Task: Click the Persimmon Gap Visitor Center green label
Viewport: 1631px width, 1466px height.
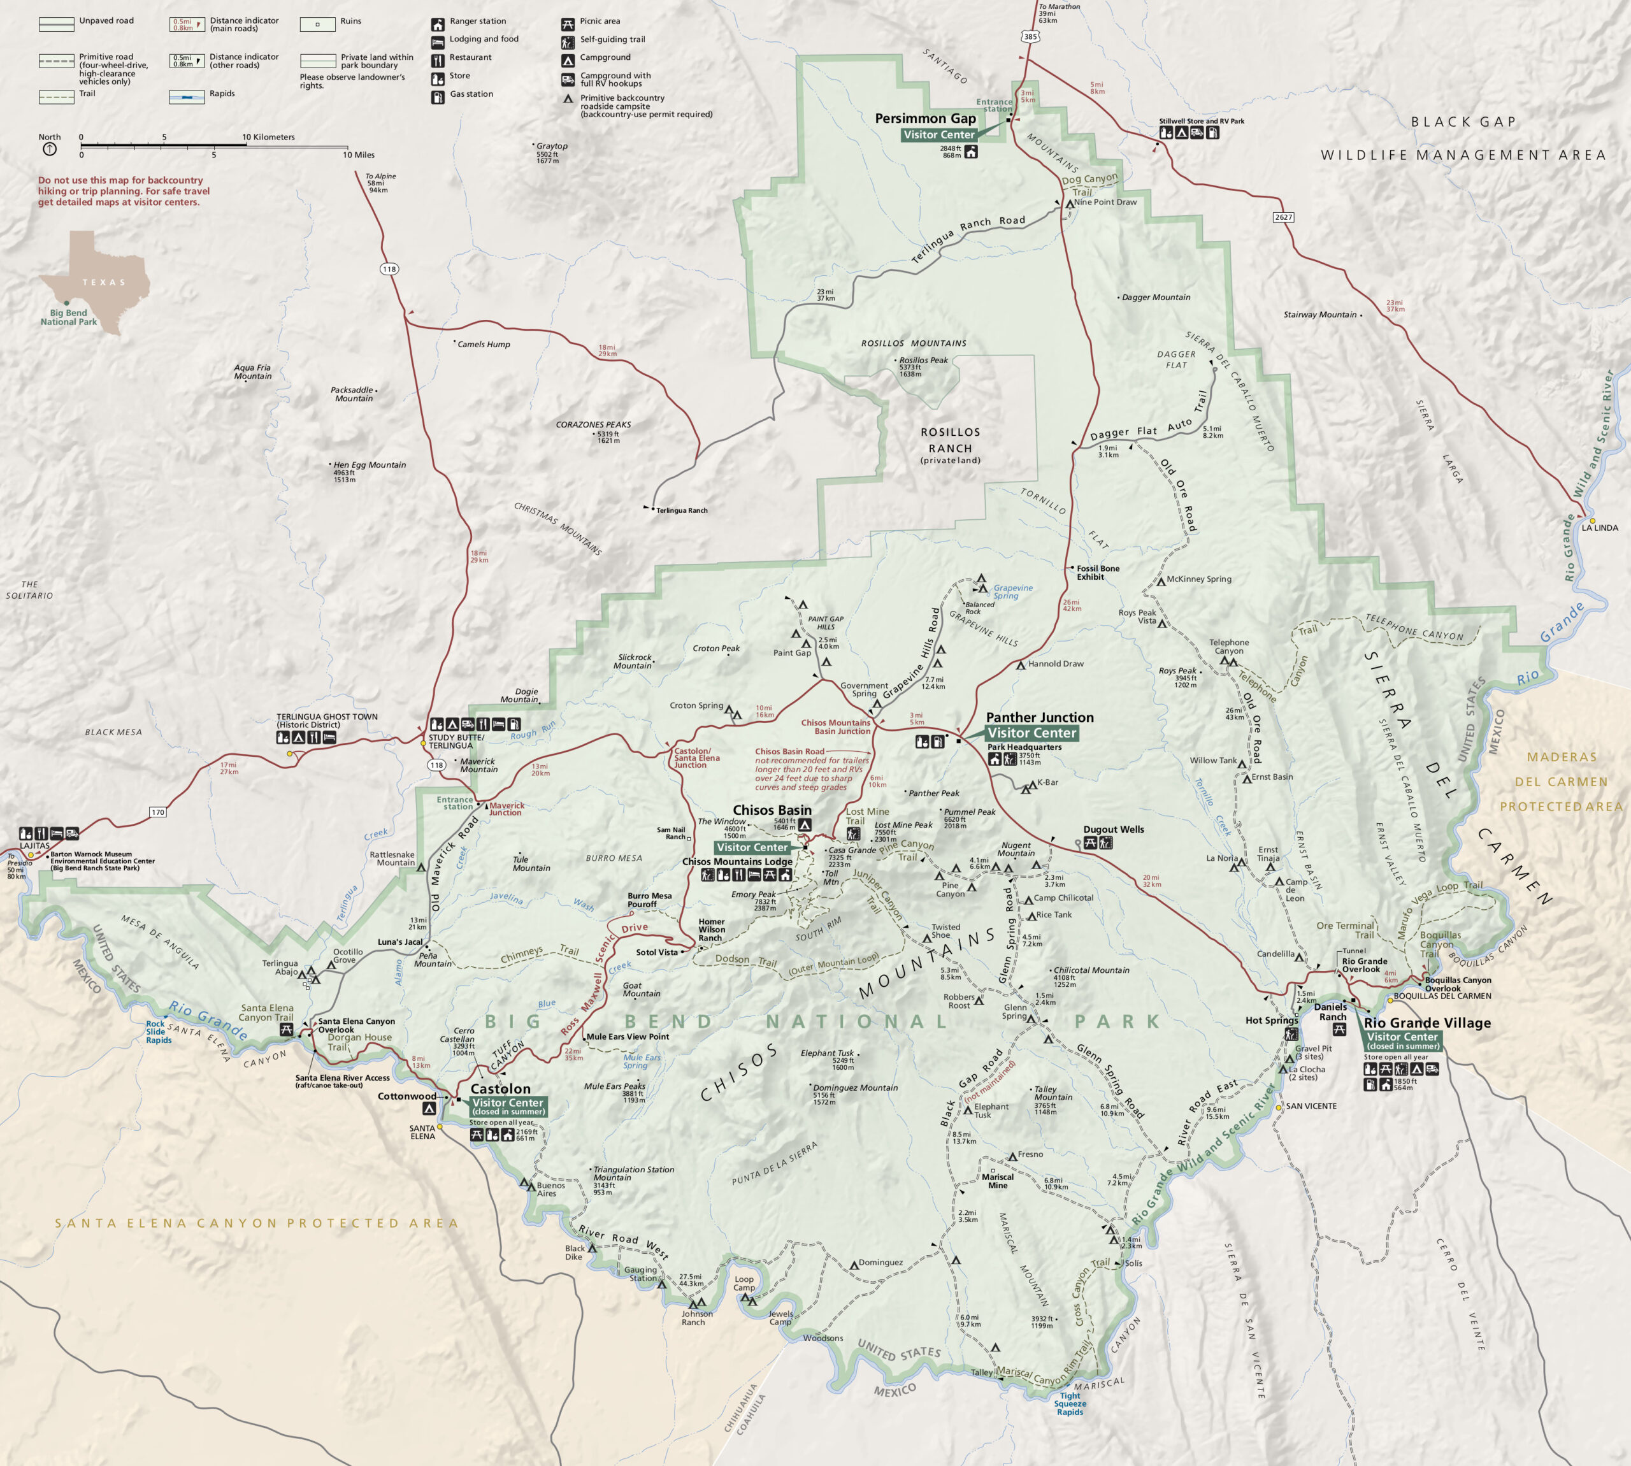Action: coord(938,134)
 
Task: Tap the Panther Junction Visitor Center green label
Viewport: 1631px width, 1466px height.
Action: coord(1031,733)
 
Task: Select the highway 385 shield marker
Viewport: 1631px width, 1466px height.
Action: coord(1031,36)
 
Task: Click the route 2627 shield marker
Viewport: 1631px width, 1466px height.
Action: coord(1283,217)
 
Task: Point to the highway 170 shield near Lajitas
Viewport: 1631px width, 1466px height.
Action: coord(158,812)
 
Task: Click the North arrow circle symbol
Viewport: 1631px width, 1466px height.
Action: coord(49,149)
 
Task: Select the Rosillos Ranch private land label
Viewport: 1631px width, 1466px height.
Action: coord(951,445)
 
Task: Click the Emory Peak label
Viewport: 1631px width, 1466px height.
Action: coord(753,894)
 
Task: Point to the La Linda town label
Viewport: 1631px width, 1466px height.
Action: coord(1600,528)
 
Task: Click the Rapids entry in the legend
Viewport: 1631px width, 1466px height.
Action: coord(222,94)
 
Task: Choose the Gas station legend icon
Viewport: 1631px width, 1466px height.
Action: coord(437,97)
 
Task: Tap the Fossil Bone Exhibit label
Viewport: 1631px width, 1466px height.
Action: coord(1098,572)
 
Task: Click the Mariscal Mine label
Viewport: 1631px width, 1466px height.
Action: coord(997,1181)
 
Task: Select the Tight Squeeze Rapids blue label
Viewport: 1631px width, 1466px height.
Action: coord(1070,1404)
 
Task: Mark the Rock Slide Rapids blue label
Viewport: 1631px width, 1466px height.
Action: coord(158,1032)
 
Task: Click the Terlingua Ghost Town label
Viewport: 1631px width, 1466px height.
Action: coord(326,720)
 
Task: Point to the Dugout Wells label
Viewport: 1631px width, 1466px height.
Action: coord(1113,829)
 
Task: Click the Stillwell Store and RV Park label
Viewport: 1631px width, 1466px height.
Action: coord(1201,121)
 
